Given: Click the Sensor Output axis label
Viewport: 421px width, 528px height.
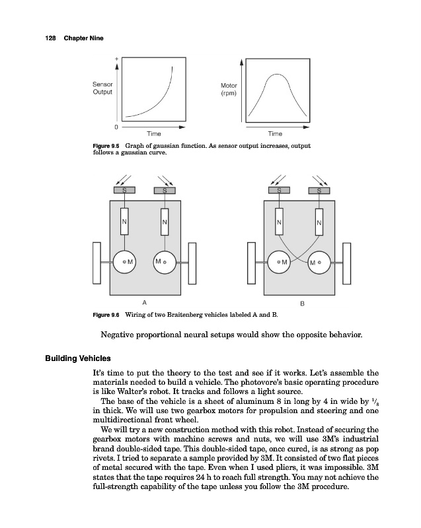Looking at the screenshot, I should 102,88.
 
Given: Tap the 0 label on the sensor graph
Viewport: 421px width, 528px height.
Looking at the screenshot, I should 116,125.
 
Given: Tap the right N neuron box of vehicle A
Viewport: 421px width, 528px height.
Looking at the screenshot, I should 165,222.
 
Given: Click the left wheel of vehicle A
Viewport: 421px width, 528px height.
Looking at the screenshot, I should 97,263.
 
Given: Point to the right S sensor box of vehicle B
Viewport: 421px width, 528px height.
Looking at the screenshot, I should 320,191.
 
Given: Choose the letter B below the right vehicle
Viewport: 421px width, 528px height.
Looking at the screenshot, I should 302,304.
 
